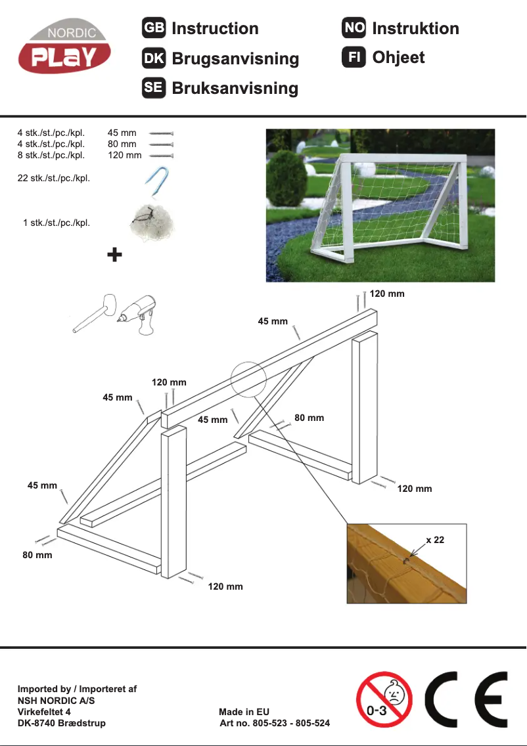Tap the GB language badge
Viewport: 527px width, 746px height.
click(x=153, y=28)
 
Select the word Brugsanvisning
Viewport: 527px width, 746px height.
click(x=235, y=58)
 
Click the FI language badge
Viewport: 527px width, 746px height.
click(x=354, y=58)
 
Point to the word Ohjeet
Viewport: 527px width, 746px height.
click(x=398, y=58)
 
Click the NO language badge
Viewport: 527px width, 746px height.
click(x=354, y=28)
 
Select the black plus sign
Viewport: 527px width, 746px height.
click(x=114, y=255)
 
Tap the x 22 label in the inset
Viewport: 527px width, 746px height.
click(x=435, y=540)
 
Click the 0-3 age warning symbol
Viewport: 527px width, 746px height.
click(x=384, y=699)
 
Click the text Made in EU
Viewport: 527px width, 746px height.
click(x=244, y=712)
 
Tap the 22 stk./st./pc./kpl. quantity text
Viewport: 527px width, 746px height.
click(x=53, y=178)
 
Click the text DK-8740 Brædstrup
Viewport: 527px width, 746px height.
click(x=61, y=724)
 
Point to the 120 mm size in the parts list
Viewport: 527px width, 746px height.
click(x=124, y=156)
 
